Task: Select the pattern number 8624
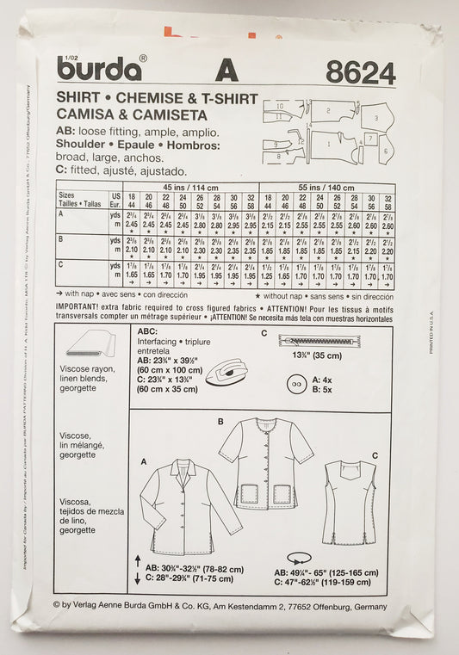coord(361,74)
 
